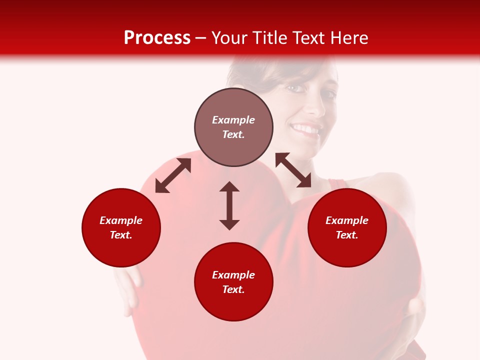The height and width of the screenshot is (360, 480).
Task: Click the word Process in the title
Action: coord(157,38)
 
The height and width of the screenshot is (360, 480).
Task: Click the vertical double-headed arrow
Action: coord(229,205)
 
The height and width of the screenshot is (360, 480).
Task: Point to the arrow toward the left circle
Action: coord(173,175)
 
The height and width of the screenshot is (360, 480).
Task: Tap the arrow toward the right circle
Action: coord(293,170)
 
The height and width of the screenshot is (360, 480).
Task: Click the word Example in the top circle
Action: coord(233,120)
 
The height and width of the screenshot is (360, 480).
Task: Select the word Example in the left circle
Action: coord(121,220)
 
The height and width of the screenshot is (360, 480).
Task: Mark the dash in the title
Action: coord(201,38)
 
